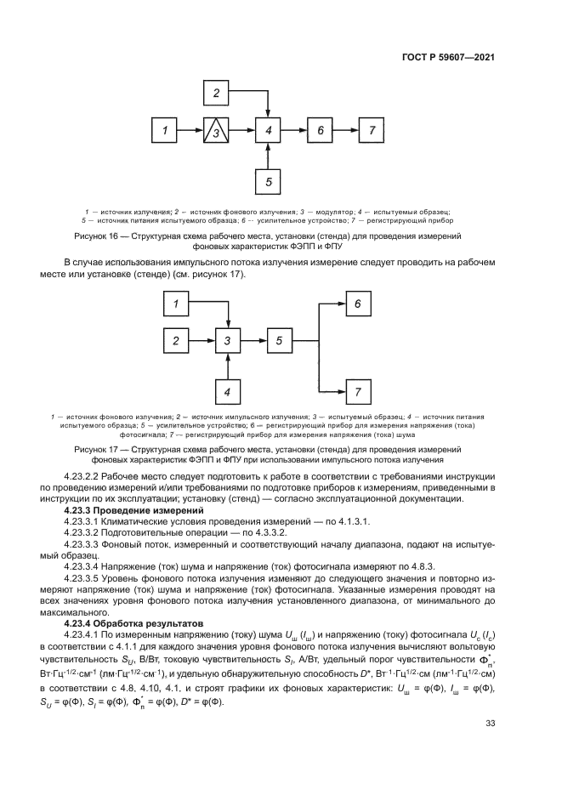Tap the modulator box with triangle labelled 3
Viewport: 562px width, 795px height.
[217, 130]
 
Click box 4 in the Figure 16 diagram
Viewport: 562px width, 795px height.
[268, 130]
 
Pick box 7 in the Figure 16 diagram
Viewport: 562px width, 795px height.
[371, 130]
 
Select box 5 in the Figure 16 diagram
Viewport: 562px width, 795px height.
[268, 180]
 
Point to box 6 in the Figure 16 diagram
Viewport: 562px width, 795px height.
[320, 130]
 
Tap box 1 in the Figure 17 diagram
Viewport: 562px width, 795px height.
[177, 304]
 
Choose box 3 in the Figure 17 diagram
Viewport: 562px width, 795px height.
[228, 341]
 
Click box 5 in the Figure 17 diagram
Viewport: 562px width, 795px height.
[279, 341]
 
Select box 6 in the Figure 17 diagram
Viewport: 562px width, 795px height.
[358, 304]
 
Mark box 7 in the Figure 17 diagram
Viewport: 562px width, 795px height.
[358, 391]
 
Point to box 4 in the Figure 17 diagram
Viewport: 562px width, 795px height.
[228, 391]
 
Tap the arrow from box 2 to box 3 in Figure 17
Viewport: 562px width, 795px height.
[202, 341]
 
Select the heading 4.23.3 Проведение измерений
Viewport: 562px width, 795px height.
[125, 509]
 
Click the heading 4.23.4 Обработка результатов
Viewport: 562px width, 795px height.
[129, 622]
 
